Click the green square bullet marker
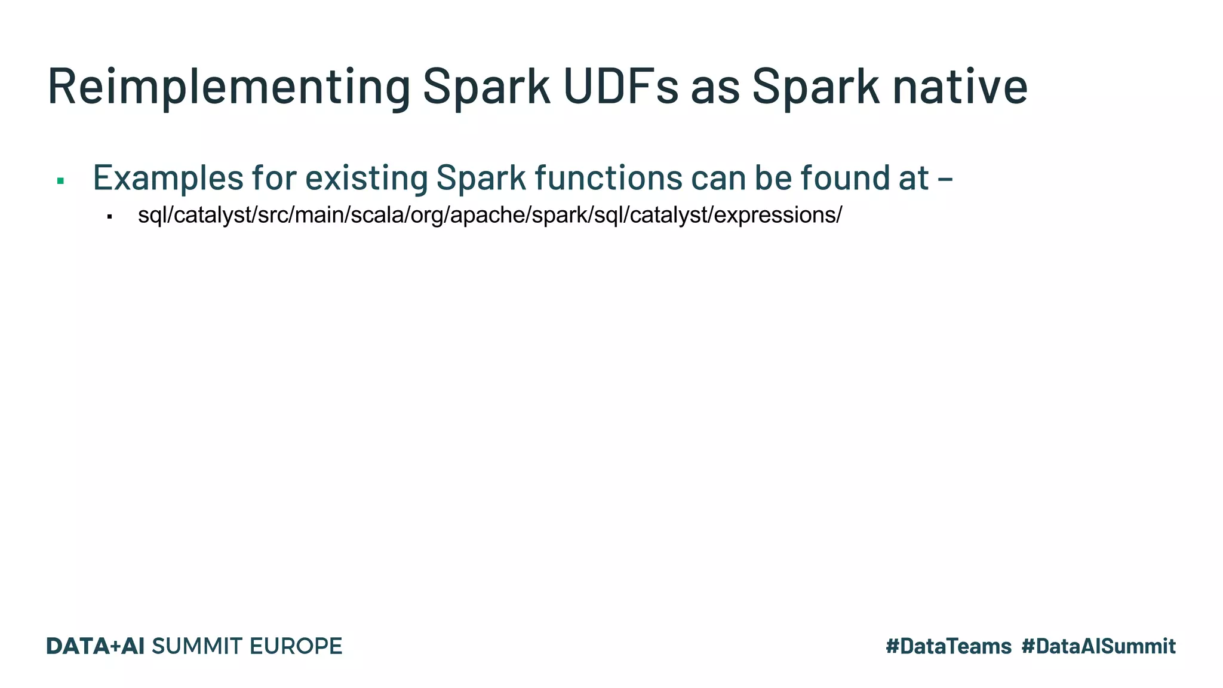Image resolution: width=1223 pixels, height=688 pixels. [x=60, y=180]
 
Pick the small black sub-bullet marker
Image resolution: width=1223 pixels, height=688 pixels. [x=109, y=217]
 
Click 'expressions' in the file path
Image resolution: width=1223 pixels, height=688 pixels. [x=775, y=215]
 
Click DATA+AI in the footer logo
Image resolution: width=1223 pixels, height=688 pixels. [x=96, y=646]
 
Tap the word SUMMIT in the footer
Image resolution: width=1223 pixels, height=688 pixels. [x=198, y=646]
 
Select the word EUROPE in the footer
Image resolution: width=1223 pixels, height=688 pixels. [x=296, y=646]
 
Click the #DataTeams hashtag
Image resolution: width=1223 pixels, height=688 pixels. [x=948, y=646]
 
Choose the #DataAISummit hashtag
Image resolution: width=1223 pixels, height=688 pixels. [x=1098, y=646]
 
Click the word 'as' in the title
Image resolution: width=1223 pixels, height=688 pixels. [x=715, y=87]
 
